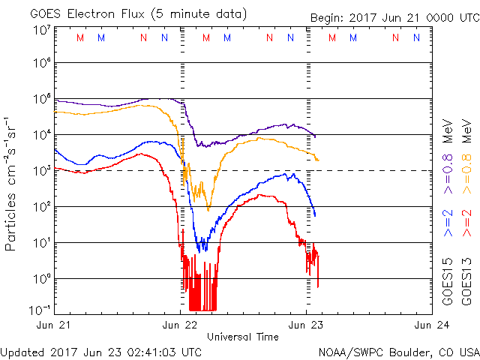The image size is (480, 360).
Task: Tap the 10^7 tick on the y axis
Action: point(41,30)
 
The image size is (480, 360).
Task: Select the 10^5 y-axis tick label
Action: point(41,99)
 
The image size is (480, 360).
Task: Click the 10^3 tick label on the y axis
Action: point(41,171)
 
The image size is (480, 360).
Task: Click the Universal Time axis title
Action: point(243,337)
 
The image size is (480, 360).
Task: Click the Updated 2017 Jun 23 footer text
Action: point(101,351)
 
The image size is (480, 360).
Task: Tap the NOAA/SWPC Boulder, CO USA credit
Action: point(398,351)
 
